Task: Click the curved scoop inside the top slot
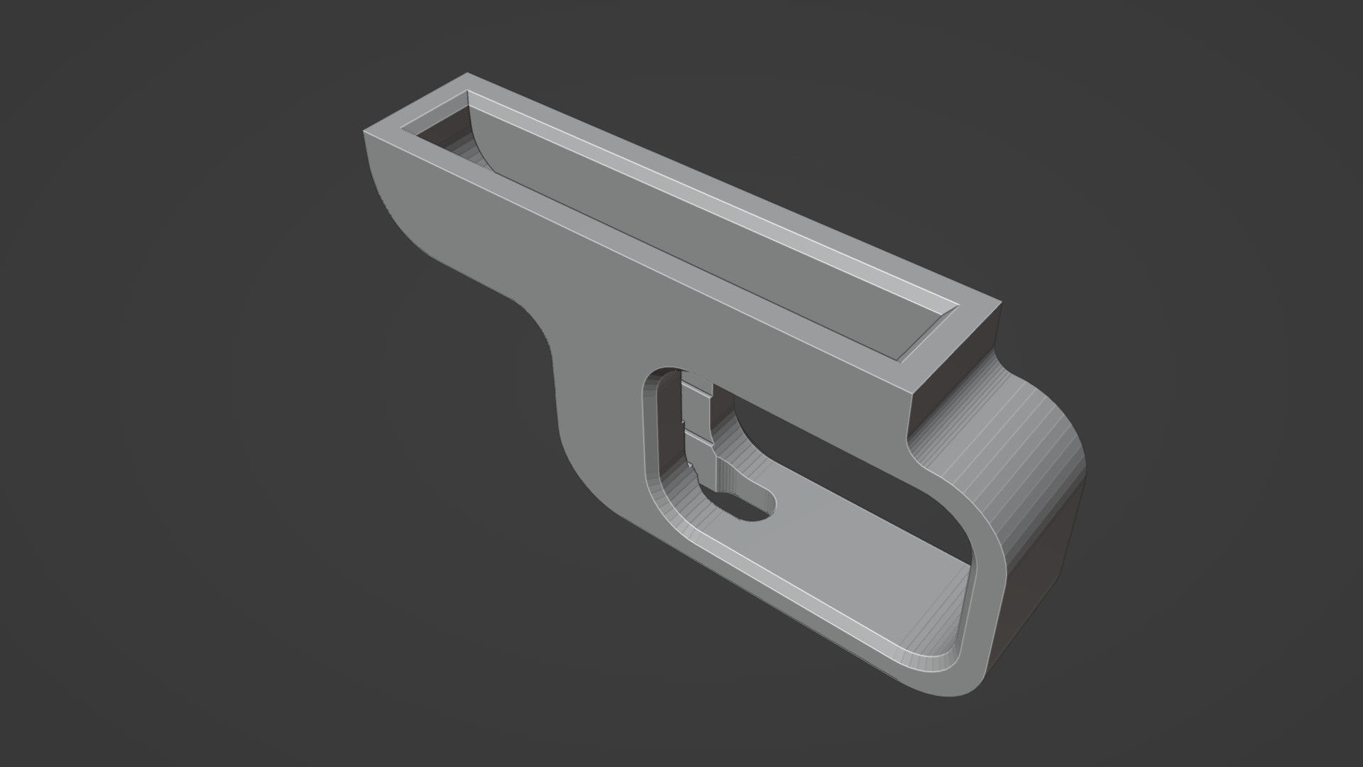click(465, 146)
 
